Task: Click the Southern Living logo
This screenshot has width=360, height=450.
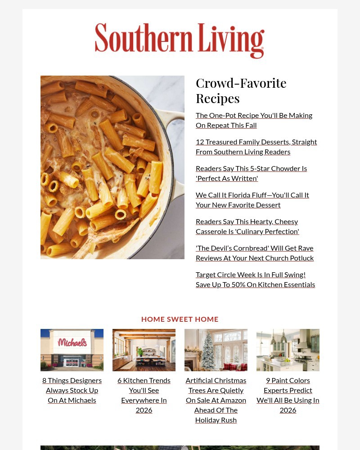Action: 180,40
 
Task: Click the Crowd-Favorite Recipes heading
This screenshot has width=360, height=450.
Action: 241,90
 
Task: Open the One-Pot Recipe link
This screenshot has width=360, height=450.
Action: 254,120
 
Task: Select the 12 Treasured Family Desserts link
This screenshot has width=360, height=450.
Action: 256,147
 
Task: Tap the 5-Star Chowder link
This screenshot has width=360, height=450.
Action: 251,173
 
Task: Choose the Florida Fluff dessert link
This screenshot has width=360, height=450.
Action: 252,200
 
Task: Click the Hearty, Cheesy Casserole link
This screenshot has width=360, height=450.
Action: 247,226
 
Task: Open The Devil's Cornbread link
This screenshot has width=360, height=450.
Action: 254,253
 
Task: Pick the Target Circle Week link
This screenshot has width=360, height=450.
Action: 255,279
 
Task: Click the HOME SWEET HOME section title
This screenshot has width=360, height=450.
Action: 180,319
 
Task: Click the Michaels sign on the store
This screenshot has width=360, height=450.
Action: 72,342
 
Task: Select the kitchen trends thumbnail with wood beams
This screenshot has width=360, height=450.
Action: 144,350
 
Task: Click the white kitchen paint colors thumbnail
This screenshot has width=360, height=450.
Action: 288,350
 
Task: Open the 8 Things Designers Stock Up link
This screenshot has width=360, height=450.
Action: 72,390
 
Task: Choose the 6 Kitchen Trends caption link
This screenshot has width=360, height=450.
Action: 144,395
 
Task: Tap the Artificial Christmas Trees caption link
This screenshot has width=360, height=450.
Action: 216,400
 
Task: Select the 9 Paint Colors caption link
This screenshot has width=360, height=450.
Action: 288,395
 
